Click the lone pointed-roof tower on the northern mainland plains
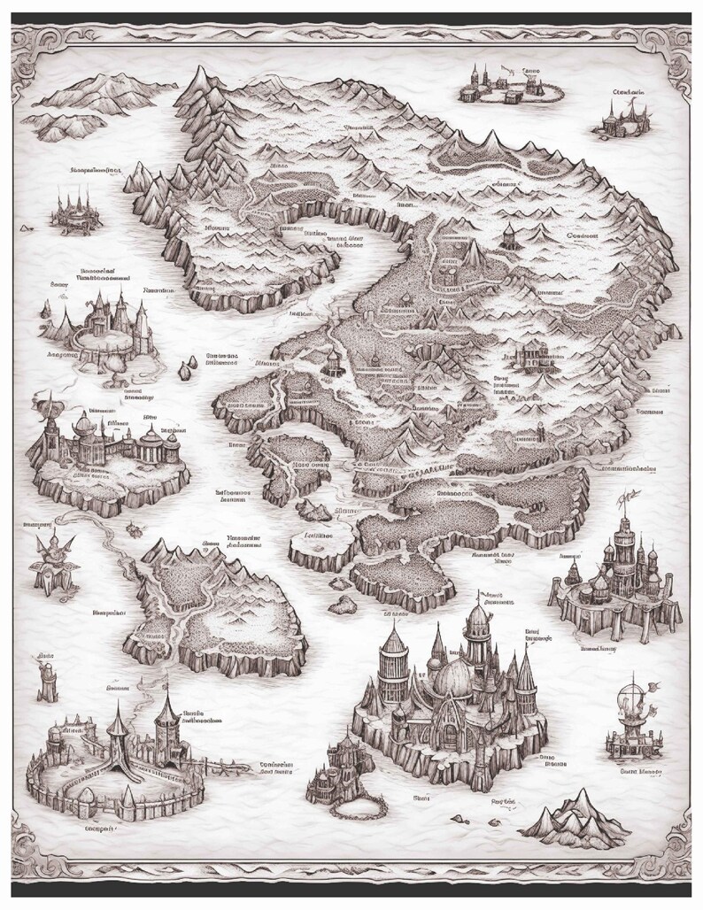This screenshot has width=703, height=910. point(509,235)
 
